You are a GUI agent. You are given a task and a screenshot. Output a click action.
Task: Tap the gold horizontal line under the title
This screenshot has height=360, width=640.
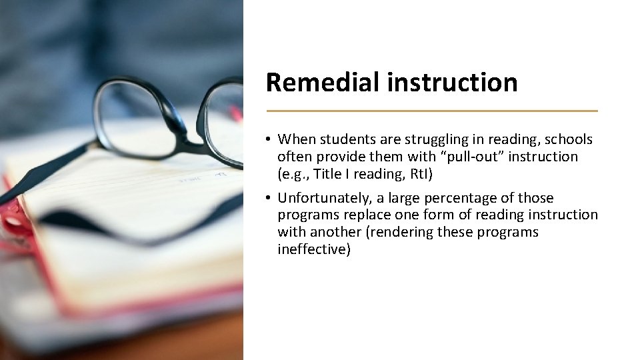click(431, 111)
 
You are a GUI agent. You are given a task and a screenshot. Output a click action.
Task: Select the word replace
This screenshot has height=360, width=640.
click(369, 215)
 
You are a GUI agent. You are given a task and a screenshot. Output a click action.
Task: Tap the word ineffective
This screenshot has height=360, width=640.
click(313, 249)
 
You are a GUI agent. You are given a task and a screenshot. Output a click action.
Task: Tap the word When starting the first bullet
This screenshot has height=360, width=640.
click(297, 139)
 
